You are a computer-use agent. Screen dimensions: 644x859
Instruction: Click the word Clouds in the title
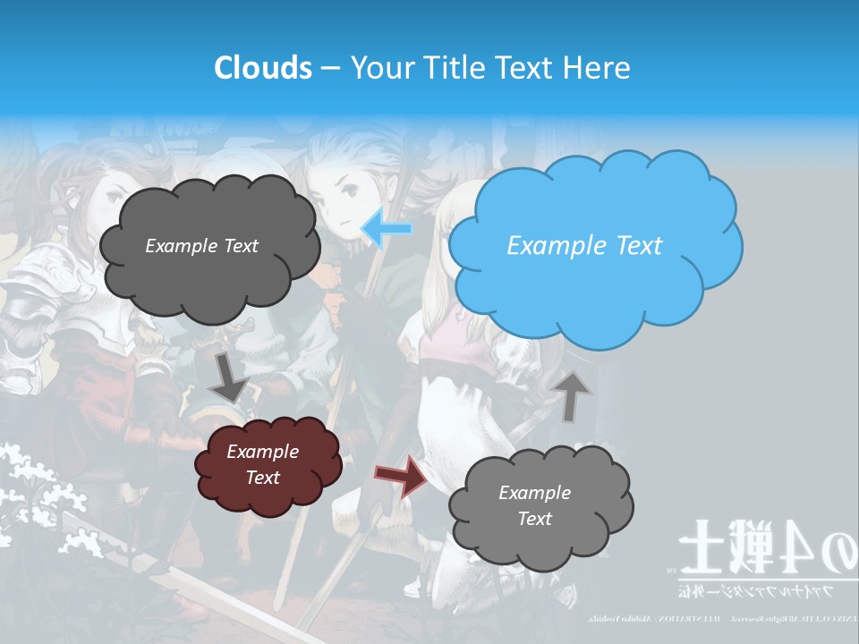(263, 67)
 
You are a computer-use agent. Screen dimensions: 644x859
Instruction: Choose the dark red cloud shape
(267, 465)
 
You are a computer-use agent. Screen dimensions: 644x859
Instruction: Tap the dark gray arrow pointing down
(230, 377)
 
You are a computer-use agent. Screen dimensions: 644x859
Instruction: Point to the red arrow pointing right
(401, 475)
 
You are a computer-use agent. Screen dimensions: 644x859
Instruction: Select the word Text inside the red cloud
(263, 478)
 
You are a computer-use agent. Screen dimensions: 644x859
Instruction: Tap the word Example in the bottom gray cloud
(534, 493)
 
